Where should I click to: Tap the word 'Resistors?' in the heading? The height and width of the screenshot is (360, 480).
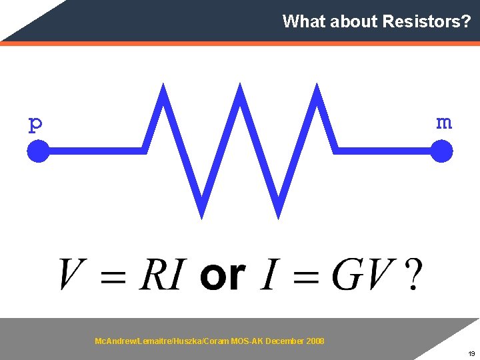(427, 21)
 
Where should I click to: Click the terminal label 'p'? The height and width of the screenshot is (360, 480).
(35, 124)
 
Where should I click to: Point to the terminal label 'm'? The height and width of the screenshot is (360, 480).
(443, 123)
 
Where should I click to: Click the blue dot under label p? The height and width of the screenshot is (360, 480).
(38, 151)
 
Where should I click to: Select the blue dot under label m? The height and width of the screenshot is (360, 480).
(441, 151)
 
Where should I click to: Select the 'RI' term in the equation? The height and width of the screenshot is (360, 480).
(160, 275)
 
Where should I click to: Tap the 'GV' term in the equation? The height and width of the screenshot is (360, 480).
(361, 275)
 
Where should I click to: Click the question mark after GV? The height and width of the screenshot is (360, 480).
(413, 275)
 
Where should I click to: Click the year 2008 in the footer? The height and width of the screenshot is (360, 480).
(315, 341)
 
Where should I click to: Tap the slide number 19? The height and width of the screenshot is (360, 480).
(471, 354)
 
